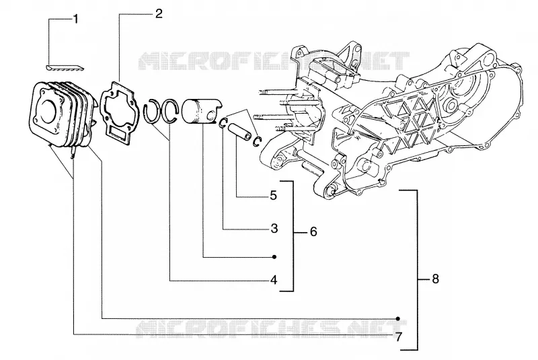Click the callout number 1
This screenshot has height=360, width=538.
pyautogui.click(x=75, y=19)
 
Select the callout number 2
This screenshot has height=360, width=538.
pyautogui.click(x=158, y=14)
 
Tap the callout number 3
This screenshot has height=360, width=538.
pyautogui.click(x=274, y=229)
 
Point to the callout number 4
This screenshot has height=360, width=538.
pyautogui.click(x=274, y=280)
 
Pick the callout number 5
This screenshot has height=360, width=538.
pyautogui.click(x=273, y=196)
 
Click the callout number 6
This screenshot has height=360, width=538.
pyautogui.click(x=313, y=232)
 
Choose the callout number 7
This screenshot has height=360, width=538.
pyautogui.click(x=398, y=337)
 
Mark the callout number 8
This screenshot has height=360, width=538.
pyautogui.click(x=435, y=279)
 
